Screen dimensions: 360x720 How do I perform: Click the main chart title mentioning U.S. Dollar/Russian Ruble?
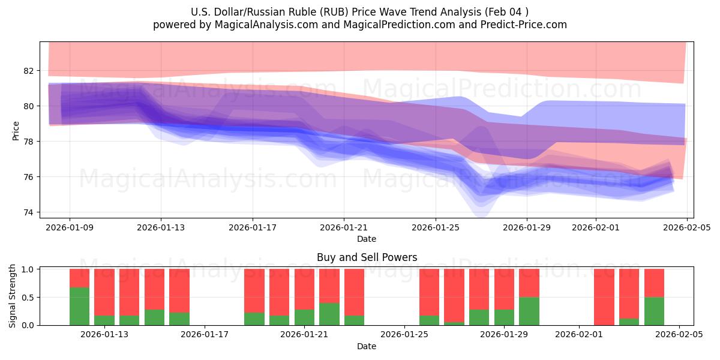(x=359, y=12)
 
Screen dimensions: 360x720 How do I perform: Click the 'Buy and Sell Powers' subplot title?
(x=367, y=257)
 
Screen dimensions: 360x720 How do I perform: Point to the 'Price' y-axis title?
(x=16, y=130)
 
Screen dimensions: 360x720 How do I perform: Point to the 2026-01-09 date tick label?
(x=70, y=227)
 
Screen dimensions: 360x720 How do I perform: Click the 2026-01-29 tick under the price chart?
(x=527, y=227)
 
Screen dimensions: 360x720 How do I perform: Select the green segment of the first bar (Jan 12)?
(x=79, y=307)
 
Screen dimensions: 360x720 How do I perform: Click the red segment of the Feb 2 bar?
(x=604, y=296)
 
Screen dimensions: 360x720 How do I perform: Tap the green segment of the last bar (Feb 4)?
(x=654, y=311)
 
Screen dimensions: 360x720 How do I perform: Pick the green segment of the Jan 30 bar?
(x=529, y=311)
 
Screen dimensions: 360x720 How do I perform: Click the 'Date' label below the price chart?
(x=367, y=239)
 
